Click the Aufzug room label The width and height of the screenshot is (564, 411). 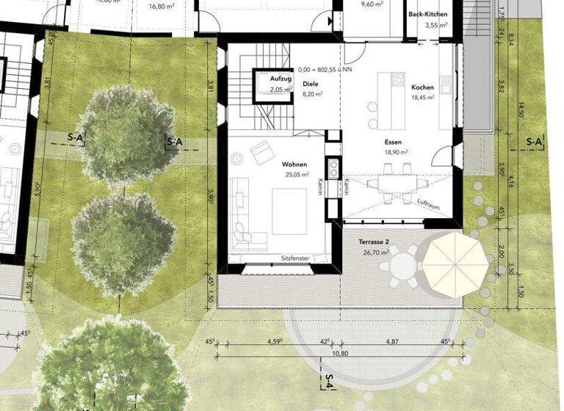281,79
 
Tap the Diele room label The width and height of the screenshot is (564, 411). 311,84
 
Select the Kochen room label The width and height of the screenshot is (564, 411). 422,87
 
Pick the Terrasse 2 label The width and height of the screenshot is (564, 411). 374,241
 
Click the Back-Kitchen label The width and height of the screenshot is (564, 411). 427,14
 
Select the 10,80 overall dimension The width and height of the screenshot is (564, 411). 339,354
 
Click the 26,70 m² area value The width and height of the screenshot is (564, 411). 374,252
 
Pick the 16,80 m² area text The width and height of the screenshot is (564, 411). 160,6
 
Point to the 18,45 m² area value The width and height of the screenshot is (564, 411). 422,98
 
